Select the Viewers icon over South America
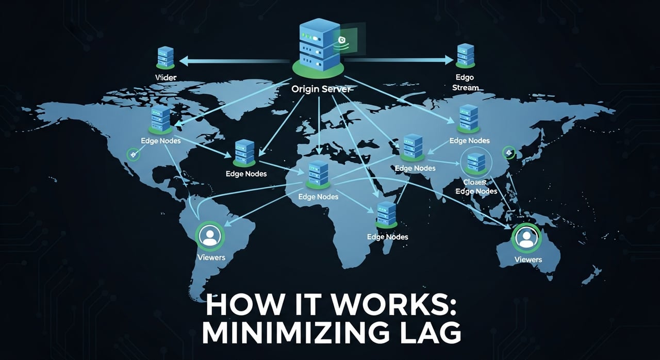[x=209, y=236]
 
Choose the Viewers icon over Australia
[x=525, y=237]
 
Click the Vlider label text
[x=166, y=77]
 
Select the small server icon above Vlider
[x=166, y=57]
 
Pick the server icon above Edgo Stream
[x=465, y=56]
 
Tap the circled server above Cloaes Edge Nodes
[x=472, y=161]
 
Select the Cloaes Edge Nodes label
[x=476, y=186]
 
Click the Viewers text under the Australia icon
[x=528, y=259]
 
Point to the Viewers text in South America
[x=211, y=257]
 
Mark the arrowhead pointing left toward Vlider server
[x=183, y=61]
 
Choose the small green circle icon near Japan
[x=508, y=152]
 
